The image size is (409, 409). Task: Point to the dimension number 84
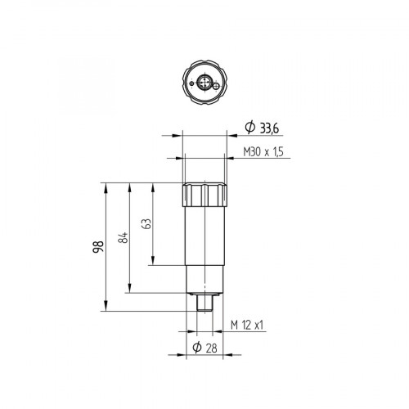(123, 238)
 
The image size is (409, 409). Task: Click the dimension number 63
(146, 224)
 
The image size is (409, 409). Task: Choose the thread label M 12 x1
(247, 326)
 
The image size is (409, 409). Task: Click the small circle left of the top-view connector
(190, 83)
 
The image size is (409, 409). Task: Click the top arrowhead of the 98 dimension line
(106, 187)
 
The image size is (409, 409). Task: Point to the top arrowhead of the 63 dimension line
(153, 187)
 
